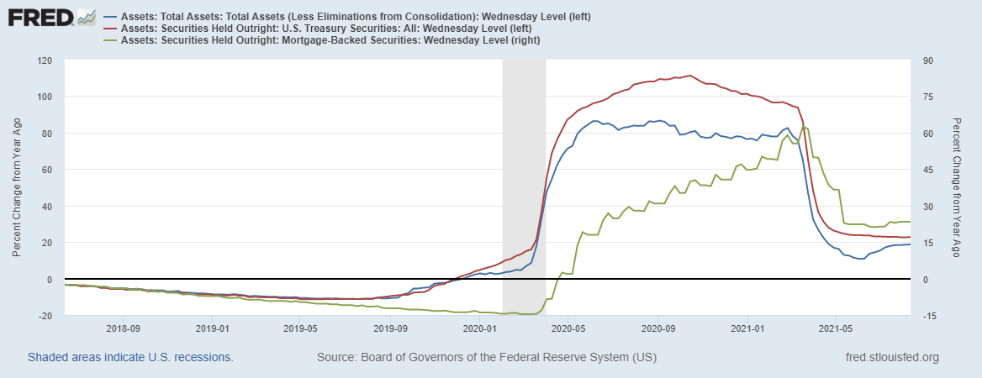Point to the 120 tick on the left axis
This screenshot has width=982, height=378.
point(45,60)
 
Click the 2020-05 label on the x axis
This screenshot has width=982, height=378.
point(568,328)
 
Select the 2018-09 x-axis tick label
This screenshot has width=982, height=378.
point(123,328)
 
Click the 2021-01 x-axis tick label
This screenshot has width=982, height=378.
point(747,328)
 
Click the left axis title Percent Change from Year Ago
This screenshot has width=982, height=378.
point(17,188)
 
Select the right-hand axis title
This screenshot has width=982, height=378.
point(958,188)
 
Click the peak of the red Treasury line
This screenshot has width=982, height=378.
point(689,76)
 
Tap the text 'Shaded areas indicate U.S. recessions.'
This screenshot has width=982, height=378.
point(130,358)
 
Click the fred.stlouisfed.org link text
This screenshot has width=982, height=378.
point(891,358)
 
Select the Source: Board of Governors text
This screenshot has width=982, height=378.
point(486,358)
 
